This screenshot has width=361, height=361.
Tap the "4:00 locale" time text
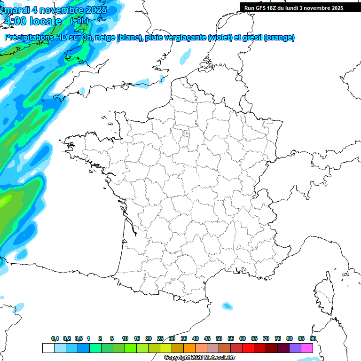click(32, 21)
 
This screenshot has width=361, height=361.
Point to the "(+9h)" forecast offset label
click(78, 21)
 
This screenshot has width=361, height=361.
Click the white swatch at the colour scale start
click(48, 348)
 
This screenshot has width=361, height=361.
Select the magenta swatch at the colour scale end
click(306, 348)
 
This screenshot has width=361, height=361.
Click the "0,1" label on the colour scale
click(55, 338)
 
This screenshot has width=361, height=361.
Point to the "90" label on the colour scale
click(313, 338)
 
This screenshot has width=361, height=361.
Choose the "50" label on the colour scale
click(219, 338)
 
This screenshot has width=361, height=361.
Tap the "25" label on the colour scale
click(160, 338)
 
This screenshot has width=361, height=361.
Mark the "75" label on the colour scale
click(278, 338)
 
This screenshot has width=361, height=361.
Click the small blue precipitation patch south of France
click(228, 306)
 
